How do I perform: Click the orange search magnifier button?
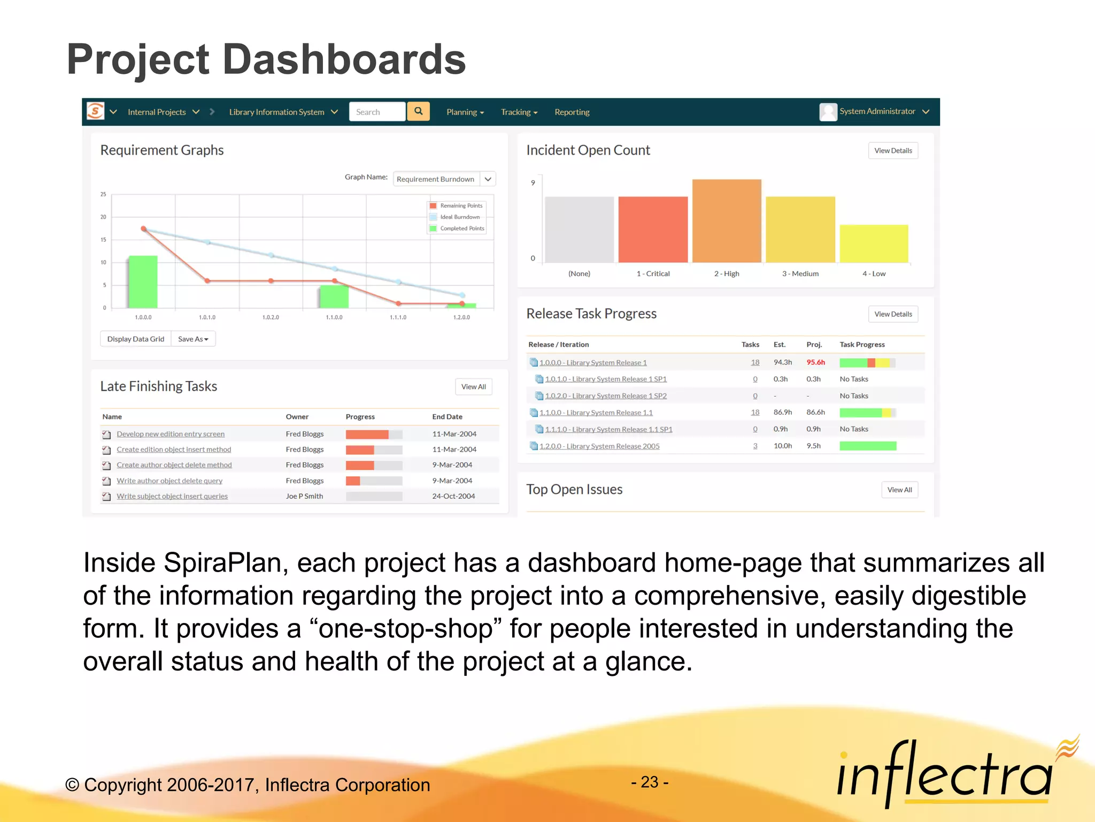[418, 111]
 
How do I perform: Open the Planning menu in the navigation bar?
[465, 112]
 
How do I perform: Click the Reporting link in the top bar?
[572, 112]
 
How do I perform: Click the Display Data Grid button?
[135, 339]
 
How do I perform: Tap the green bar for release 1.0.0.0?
[143, 282]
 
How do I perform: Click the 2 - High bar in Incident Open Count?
[726, 221]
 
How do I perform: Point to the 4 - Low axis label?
[874, 273]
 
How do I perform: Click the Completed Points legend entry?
[461, 229]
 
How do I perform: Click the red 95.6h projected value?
[815, 362]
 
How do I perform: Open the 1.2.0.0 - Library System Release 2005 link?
[599, 446]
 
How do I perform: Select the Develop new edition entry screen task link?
[171, 434]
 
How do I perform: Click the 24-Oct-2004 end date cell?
[453, 496]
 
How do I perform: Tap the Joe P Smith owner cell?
[304, 496]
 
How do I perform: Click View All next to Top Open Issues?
[899, 490]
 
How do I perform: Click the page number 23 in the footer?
[650, 782]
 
